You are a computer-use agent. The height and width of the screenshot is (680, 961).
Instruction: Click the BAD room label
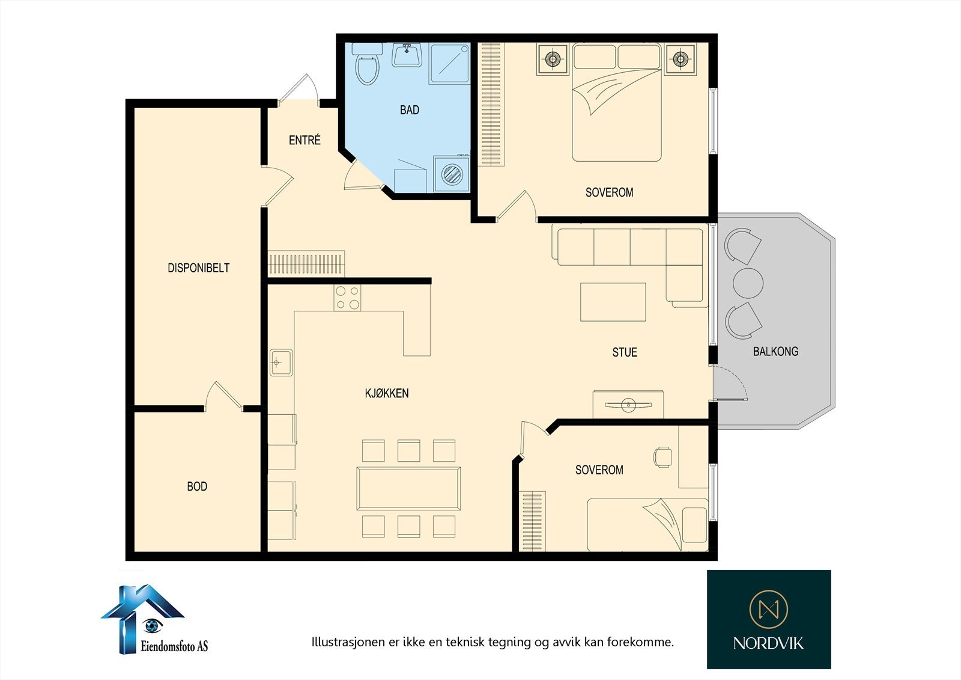[x=409, y=110]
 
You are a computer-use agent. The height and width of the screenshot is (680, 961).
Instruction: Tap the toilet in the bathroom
[x=367, y=64]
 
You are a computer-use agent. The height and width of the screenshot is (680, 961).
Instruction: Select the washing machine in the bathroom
[x=451, y=174]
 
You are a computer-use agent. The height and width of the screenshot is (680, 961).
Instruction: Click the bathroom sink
[x=407, y=55]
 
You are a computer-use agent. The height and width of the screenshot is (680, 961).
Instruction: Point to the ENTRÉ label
[x=305, y=139]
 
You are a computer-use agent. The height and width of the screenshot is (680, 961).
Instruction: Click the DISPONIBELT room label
[x=198, y=268]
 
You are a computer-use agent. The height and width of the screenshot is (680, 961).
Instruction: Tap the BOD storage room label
[x=197, y=486]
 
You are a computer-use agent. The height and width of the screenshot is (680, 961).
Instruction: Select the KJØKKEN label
[x=387, y=393]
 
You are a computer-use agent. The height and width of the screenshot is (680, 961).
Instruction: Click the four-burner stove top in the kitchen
[x=348, y=298]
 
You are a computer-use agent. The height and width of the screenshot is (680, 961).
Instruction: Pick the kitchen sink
[x=281, y=363]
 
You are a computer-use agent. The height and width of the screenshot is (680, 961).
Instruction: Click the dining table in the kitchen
[x=408, y=488]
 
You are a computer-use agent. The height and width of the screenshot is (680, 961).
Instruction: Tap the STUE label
[x=625, y=352]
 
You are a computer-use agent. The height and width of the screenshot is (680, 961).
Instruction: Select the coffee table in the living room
[x=613, y=302]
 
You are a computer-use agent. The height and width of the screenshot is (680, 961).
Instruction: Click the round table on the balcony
[x=748, y=283]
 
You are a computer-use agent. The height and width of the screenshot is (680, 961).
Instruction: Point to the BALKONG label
[x=775, y=351]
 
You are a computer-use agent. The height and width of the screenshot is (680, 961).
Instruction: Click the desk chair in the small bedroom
[x=663, y=456]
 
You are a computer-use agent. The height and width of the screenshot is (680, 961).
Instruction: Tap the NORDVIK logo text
[x=768, y=643]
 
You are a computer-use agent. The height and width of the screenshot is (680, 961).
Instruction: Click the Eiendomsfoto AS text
[x=174, y=646]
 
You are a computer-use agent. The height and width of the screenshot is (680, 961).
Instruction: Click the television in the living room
[x=628, y=405]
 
